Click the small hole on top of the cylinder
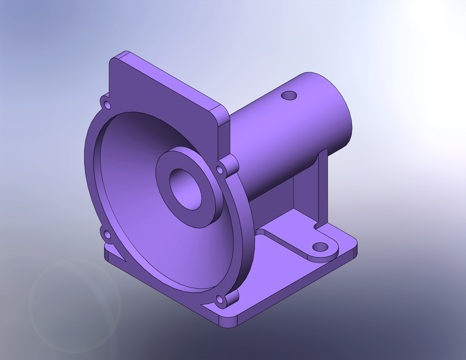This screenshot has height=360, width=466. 289,96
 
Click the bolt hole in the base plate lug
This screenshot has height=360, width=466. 320,247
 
